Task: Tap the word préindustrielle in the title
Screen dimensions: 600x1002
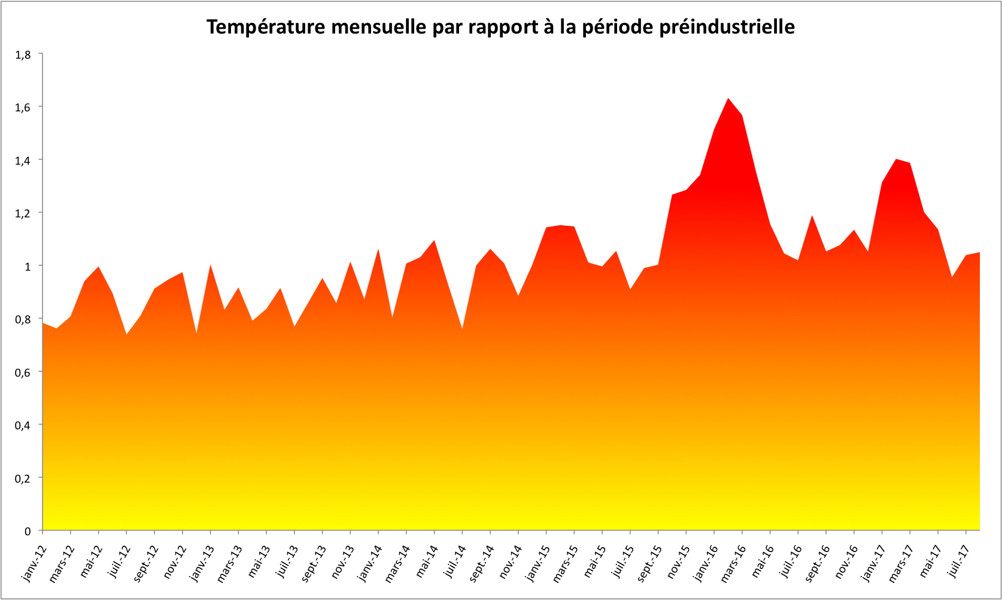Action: coord(727,28)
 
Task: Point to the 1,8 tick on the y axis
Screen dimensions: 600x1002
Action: coord(23,54)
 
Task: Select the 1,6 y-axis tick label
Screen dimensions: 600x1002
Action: coord(23,107)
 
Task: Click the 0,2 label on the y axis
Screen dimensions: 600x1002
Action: coord(23,478)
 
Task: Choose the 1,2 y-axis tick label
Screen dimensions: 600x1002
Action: coord(23,213)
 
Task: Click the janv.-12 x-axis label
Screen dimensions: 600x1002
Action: coord(34,563)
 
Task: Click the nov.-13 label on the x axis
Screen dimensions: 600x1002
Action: coord(342,562)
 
